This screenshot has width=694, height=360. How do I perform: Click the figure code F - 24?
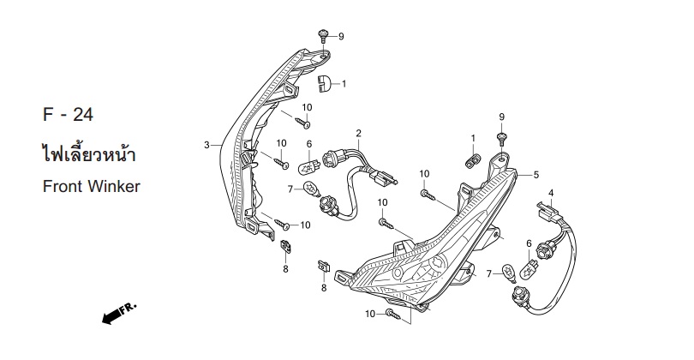tap(69, 115)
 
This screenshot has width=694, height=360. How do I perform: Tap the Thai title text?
tap(89, 153)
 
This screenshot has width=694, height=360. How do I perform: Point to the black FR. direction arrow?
tap(119, 314)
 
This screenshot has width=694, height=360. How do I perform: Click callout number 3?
tap(206, 145)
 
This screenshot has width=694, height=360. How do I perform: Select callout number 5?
tap(536, 175)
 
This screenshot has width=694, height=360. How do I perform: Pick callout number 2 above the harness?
tap(358, 133)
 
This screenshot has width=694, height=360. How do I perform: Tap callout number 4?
tap(551, 193)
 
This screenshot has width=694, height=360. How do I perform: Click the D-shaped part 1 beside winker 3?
tap(324, 83)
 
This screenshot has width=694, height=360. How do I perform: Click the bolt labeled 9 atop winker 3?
tap(323, 36)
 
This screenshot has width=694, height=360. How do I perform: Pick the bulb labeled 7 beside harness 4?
tap(510, 272)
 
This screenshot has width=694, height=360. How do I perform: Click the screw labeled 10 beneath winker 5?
tap(393, 315)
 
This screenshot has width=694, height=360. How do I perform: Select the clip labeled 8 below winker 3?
tap(285, 246)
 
